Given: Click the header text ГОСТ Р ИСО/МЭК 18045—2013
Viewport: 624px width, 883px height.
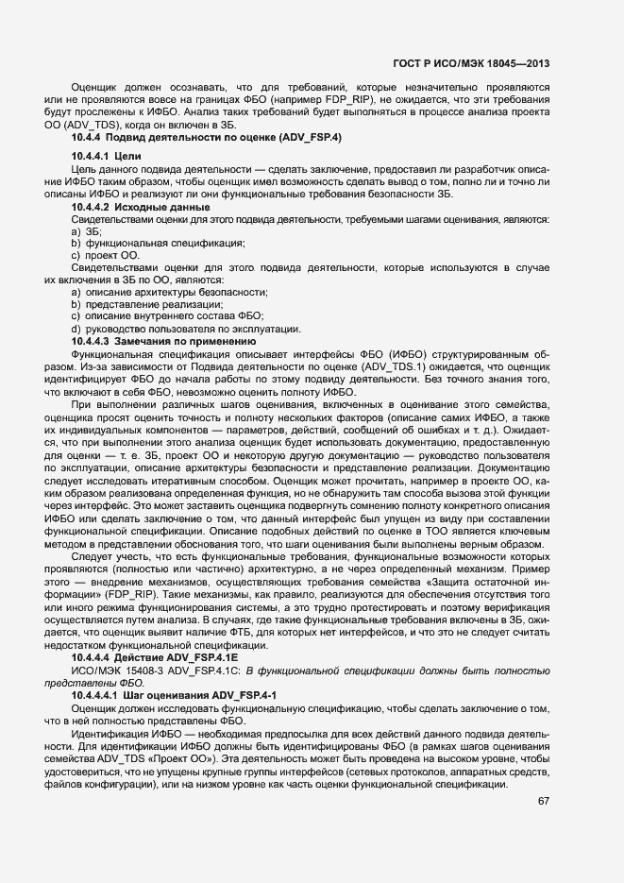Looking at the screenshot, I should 471,63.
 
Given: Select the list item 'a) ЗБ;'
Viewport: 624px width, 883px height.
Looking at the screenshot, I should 87,231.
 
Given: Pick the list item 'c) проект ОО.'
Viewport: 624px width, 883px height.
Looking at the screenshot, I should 105,255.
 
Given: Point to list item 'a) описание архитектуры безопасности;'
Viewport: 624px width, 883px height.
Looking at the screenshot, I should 169,292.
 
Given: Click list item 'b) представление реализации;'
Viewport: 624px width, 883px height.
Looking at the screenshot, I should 146,304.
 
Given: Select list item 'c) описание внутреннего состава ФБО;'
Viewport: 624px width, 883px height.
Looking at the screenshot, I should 167,316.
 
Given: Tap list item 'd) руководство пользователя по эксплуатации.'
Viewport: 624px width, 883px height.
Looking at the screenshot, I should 186,328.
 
